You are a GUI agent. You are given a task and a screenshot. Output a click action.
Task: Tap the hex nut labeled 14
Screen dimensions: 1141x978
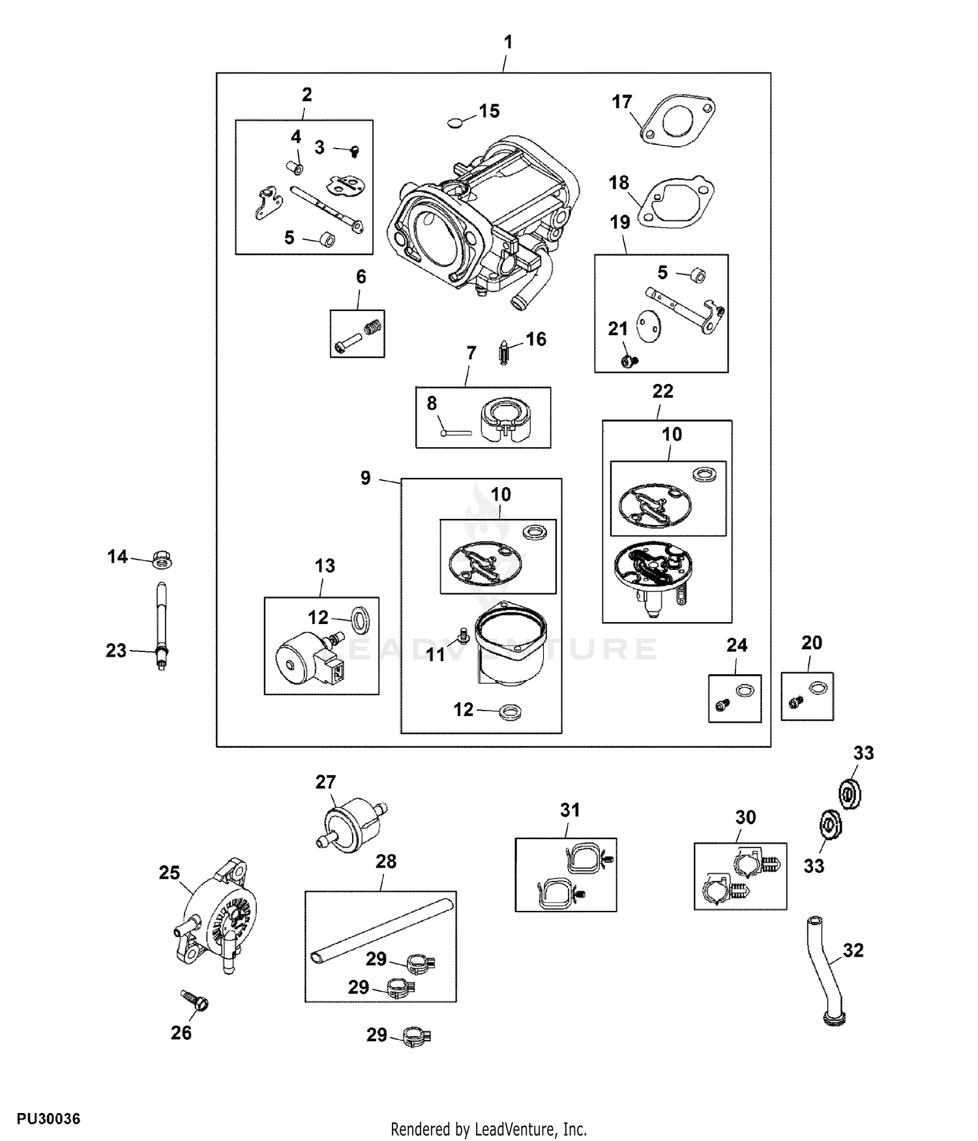162,559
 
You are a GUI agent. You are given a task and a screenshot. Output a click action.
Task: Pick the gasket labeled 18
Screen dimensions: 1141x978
675,201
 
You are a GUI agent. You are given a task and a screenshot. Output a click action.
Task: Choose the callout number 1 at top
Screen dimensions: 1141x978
509,42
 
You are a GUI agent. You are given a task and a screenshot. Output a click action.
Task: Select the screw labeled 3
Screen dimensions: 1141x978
354,151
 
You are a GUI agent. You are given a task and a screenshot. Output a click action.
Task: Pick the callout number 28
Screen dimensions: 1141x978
386,861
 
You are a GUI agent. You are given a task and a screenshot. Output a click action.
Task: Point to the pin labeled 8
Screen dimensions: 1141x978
456,431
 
